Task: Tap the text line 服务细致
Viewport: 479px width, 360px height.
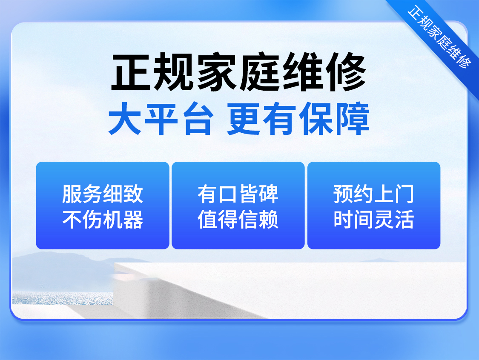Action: click(x=103, y=194)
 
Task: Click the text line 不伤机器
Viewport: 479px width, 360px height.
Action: click(x=103, y=219)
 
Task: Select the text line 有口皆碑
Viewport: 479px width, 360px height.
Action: click(x=238, y=194)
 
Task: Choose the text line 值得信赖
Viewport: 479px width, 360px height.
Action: click(x=238, y=219)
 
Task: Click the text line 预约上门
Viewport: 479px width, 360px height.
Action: click(x=373, y=194)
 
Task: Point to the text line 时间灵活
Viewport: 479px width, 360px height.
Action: click(x=373, y=219)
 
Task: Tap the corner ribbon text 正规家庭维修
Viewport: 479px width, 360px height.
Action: click(x=440, y=37)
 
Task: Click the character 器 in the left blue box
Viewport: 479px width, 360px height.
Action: click(x=134, y=219)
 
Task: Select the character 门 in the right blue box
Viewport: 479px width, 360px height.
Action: click(x=404, y=194)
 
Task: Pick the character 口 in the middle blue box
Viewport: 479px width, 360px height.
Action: click(x=228, y=194)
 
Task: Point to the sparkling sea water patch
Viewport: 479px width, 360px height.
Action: click(x=63, y=298)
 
